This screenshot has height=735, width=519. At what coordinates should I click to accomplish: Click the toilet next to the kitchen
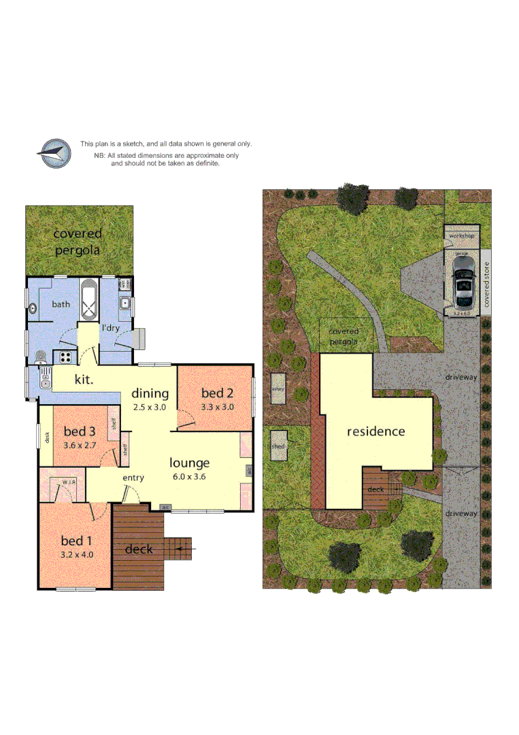41,356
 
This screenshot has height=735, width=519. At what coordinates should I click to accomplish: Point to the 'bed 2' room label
217,393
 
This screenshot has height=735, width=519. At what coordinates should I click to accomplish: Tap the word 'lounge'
190,463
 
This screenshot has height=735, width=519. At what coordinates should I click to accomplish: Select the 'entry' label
133,478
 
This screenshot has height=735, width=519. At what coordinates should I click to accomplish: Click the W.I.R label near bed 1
68,482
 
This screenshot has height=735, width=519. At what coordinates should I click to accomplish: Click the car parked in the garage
464,286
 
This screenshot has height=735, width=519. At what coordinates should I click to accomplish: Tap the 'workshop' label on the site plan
461,235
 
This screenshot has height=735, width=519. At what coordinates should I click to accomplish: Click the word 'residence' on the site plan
375,431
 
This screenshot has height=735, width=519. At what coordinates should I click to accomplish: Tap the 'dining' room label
150,393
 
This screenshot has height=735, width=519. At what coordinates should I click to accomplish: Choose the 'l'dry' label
111,328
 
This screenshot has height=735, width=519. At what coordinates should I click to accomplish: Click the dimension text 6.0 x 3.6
189,476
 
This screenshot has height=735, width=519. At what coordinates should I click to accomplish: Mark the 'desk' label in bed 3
47,438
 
